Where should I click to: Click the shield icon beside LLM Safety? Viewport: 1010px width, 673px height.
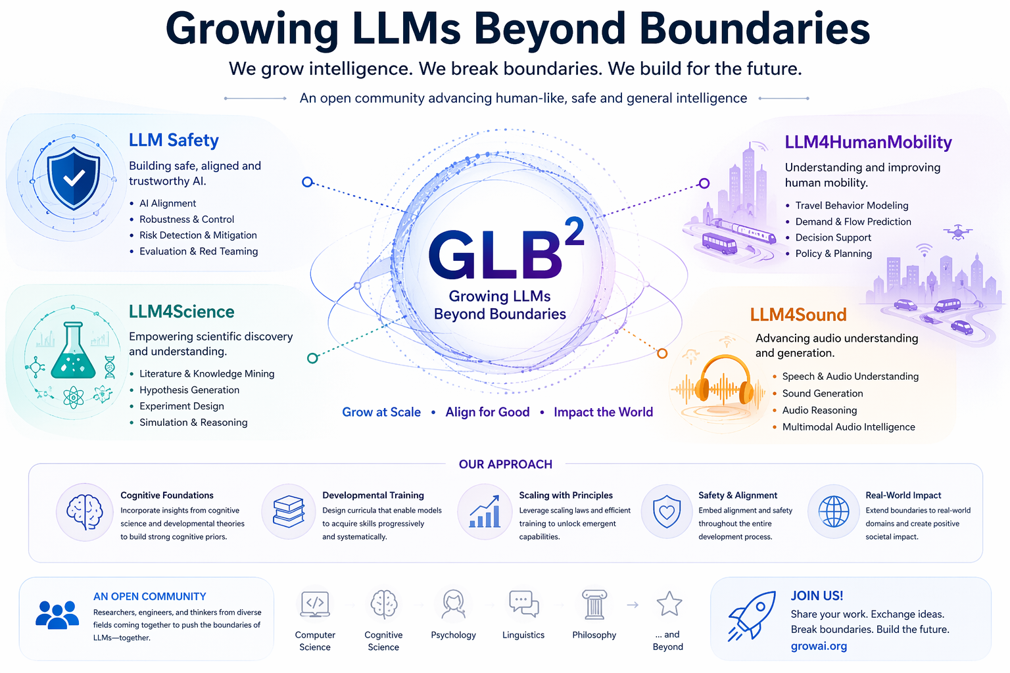(74, 178)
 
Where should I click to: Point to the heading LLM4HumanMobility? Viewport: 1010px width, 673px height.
(868, 142)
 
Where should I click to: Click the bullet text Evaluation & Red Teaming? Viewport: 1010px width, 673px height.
(199, 251)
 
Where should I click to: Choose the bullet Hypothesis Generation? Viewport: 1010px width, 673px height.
(189, 390)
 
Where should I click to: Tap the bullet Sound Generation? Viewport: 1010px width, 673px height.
(822, 393)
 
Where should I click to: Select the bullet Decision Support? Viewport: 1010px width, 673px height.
(833, 237)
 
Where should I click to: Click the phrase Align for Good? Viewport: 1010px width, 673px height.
(487, 412)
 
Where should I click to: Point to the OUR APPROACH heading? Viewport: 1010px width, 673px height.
(505, 464)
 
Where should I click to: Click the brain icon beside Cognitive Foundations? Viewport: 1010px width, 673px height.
(85, 512)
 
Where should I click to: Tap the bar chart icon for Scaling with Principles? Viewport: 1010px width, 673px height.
(485, 512)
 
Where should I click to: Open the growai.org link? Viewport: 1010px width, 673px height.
(819, 646)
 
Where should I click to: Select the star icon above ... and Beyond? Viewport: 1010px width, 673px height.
(669, 604)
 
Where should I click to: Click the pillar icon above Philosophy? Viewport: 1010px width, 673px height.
(594, 605)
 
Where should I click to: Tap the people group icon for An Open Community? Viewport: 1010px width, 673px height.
(57, 615)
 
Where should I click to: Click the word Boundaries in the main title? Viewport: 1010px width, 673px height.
(754, 29)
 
